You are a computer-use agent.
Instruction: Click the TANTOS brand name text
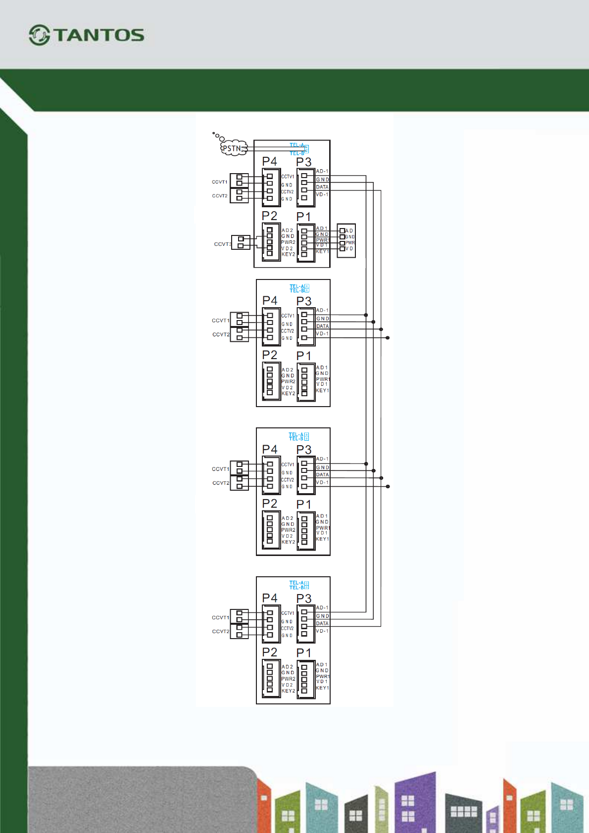[x=99, y=35]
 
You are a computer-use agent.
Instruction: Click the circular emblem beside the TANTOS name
[x=39, y=35]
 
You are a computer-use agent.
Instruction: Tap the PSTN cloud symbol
[x=233, y=148]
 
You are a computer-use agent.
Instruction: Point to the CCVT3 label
[x=223, y=244]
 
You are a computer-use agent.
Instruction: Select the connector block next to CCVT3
[x=241, y=242]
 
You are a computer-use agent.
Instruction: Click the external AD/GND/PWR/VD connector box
[x=346, y=240]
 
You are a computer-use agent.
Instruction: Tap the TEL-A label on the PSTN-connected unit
[x=296, y=145]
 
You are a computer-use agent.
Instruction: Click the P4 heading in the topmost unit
[x=270, y=161]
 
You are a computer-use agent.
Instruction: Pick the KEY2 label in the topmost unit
[x=288, y=254]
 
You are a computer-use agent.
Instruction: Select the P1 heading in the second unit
[x=304, y=356]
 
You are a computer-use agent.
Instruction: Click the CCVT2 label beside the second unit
[x=221, y=334]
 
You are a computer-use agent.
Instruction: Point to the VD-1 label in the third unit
[x=322, y=482]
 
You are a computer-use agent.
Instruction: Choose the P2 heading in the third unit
[x=270, y=504]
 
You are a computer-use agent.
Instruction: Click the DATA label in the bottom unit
[x=322, y=623]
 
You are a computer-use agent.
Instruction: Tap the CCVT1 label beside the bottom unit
[x=220, y=617]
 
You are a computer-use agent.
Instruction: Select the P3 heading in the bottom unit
[x=304, y=599]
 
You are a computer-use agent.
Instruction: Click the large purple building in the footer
[x=415, y=801]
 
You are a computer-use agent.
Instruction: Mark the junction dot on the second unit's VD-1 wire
[x=388, y=338]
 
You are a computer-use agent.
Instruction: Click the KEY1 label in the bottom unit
[x=322, y=688]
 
